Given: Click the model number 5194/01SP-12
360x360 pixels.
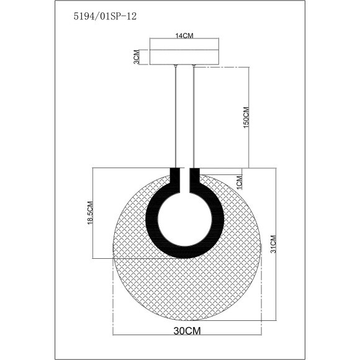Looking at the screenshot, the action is tap(105, 16).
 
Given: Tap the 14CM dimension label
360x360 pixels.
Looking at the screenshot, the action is tap(184, 35).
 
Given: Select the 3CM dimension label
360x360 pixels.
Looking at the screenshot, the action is tap(137, 57).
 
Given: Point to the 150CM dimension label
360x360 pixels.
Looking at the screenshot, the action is tap(246, 117).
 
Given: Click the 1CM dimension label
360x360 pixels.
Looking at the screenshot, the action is tap(239, 182).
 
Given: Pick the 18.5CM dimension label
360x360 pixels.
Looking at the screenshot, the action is tap(90, 213).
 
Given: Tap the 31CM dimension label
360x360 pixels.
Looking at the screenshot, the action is tap(273, 244).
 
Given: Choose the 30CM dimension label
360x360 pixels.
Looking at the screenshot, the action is tap(187, 331).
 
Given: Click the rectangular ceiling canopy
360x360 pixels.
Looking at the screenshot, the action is tap(184, 57).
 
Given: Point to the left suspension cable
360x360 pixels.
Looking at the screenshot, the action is tap(176, 117).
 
